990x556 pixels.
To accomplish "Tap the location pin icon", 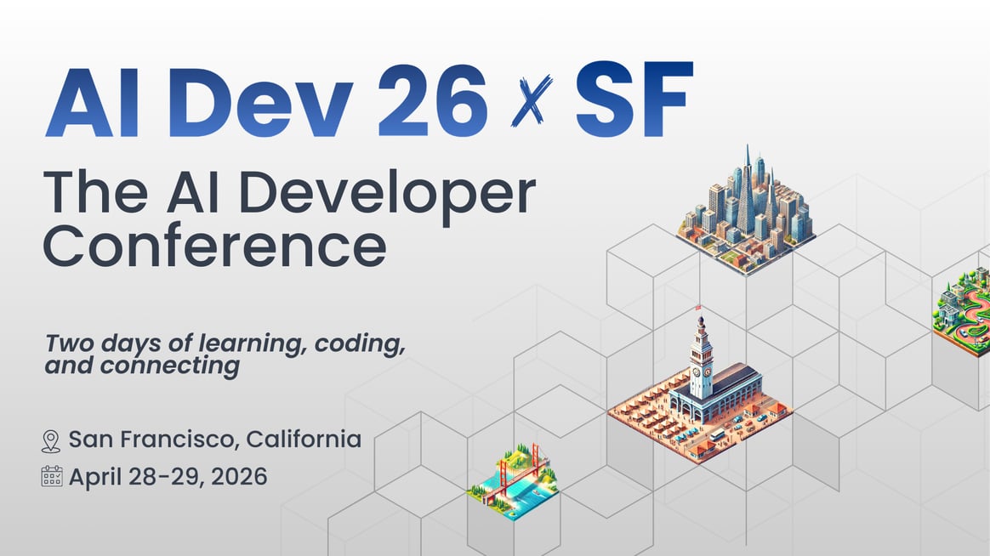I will [51, 440].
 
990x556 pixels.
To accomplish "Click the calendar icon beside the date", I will [52, 476].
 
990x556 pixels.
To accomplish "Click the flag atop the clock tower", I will [697, 307].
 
